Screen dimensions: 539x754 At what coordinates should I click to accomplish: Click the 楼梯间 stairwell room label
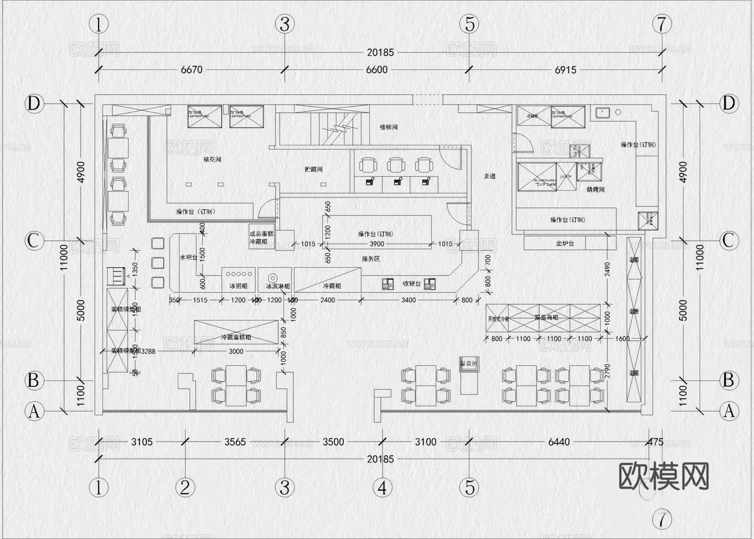pyautogui.click(x=388, y=127)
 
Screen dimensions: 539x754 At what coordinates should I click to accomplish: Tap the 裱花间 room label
pyautogui.click(x=212, y=159)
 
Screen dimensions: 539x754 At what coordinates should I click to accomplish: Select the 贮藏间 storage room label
pyautogui.click(x=313, y=169)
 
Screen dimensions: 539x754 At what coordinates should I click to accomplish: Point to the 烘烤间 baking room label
pyautogui.click(x=595, y=190)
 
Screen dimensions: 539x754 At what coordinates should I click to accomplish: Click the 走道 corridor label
pyautogui.click(x=490, y=176)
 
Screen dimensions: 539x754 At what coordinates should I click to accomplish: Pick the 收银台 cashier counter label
pyautogui.click(x=411, y=284)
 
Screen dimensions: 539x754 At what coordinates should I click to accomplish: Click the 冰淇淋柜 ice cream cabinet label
pyautogui.click(x=278, y=286)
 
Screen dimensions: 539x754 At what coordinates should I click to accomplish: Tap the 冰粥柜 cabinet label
pyautogui.click(x=238, y=286)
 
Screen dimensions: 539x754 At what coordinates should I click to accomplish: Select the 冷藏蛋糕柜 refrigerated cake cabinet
pyautogui.click(x=236, y=337)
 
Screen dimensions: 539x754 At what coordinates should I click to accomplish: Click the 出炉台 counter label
pyautogui.click(x=565, y=243)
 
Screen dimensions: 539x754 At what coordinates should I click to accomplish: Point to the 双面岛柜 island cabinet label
pyautogui.click(x=546, y=318)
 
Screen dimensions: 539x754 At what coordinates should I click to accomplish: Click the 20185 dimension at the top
pyautogui.click(x=380, y=52)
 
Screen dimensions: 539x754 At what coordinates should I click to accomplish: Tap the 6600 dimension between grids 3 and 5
pyautogui.click(x=377, y=70)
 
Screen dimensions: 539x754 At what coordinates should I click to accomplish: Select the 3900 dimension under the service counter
pyautogui.click(x=377, y=244)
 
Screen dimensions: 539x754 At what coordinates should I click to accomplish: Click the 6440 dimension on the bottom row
pyautogui.click(x=559, y=442)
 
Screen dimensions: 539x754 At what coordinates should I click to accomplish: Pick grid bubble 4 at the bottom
pyautogui.click(x=382, y=487)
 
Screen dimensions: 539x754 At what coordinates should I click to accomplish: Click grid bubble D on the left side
pyautogui.click(x=34, y=104)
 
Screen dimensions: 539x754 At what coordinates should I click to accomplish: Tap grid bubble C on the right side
pyautogui.click(x=728, y=241)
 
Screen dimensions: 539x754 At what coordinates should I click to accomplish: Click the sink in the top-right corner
pyautogui.click(x=602, y=112)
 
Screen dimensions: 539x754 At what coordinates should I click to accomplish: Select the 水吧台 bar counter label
pyautogui.click(x=188, y=257)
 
